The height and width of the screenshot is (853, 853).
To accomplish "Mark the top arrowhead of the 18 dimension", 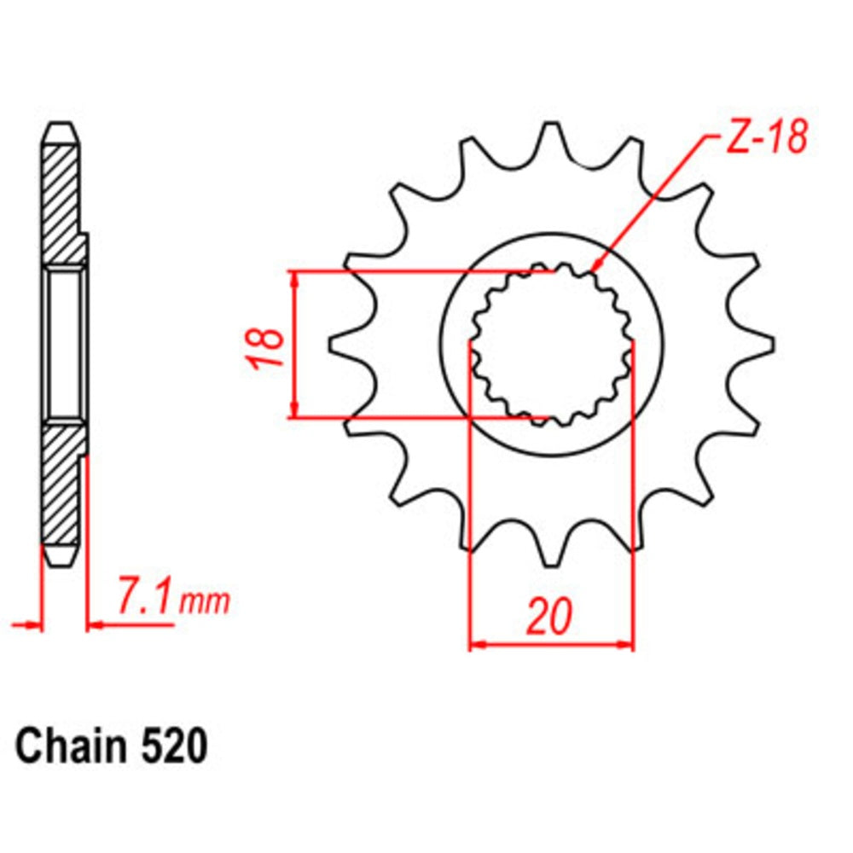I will [x=295, y=278].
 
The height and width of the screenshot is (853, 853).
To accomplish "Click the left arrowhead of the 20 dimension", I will [x=478, y=644].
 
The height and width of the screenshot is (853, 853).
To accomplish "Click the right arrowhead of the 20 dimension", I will [x=626, y=644].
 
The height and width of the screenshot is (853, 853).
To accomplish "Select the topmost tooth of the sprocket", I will [x=553, y=136].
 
